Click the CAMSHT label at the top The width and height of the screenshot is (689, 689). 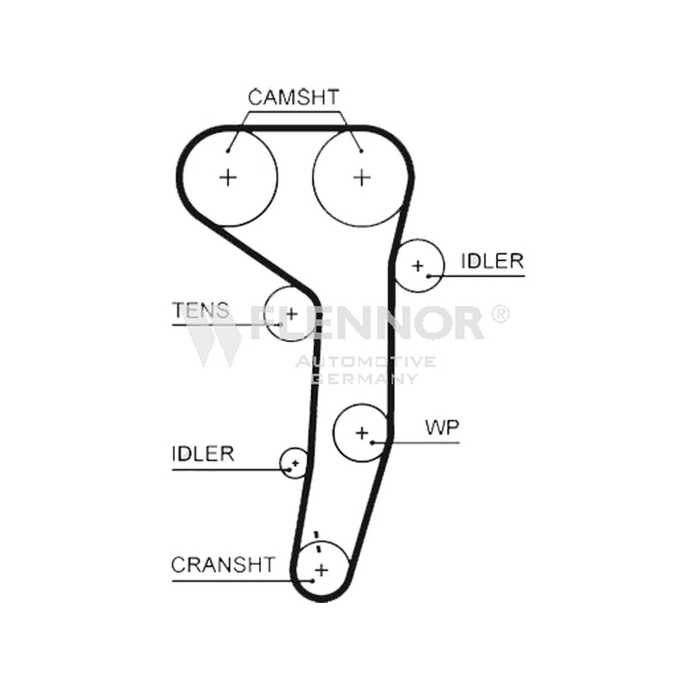(294, 97)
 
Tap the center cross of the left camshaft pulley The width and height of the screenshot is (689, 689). (228, 177)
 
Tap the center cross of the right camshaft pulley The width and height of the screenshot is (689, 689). (362, 177)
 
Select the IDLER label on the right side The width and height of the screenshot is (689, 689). (492, 261)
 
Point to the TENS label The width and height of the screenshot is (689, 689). (201, 310)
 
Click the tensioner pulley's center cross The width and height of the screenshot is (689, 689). (292, 313)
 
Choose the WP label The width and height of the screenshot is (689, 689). (442, 426)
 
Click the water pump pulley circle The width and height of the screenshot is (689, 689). (334, 433)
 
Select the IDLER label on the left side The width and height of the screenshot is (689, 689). (203, 454)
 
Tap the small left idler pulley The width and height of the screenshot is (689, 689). (282, 462)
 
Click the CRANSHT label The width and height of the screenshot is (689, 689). (223, 565)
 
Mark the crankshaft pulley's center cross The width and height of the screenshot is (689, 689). (322, 570)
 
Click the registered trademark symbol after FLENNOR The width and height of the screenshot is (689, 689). (500, 314)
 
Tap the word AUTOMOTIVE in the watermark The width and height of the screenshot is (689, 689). (365, 362)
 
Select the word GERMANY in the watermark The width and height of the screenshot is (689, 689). (365, 378)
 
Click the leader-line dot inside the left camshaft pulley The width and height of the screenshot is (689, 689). (227, 152)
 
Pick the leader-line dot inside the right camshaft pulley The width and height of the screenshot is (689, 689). (361, 152)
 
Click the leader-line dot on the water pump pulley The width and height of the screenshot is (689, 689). (372, 443)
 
